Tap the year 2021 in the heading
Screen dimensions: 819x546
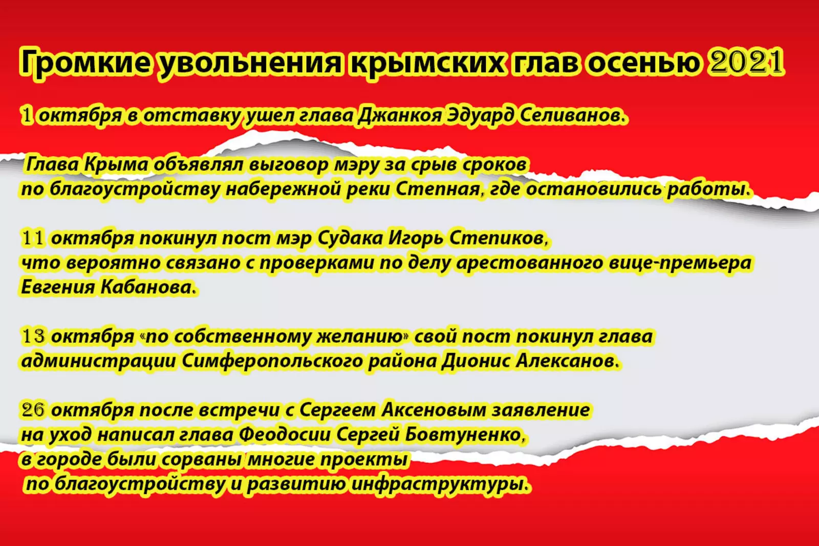tap(746, 61)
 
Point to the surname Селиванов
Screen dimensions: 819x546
tap(573, 115)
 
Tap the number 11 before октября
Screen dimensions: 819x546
tap(33, 238)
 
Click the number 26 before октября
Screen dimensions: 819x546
tap(33, 410)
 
